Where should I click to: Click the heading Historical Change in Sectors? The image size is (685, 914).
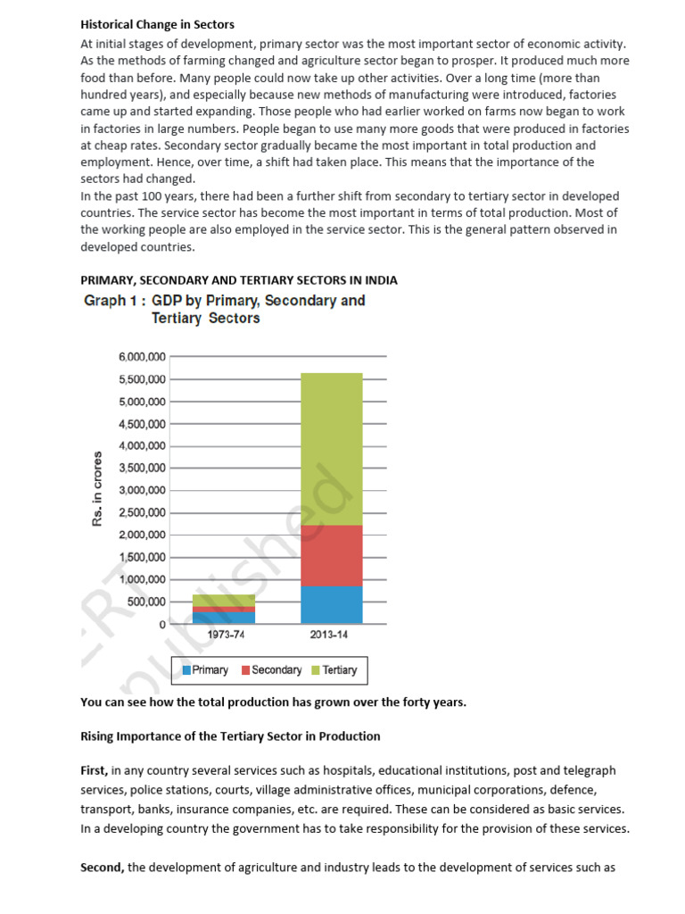[157, 24]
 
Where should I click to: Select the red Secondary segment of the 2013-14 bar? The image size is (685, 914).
[331, 555]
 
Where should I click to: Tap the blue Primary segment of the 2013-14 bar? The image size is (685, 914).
[331, 604]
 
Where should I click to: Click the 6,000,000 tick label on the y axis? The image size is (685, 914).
[141, 357]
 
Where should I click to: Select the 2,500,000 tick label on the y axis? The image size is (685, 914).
[141, 512]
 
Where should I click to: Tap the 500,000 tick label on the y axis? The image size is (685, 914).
[146, 602]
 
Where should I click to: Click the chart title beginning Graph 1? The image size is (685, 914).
[224, 309]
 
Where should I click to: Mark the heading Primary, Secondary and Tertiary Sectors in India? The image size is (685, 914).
[239, 280]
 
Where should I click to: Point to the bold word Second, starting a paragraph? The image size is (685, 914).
[103, 867]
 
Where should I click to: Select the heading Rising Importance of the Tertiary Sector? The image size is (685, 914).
[230, 736]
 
